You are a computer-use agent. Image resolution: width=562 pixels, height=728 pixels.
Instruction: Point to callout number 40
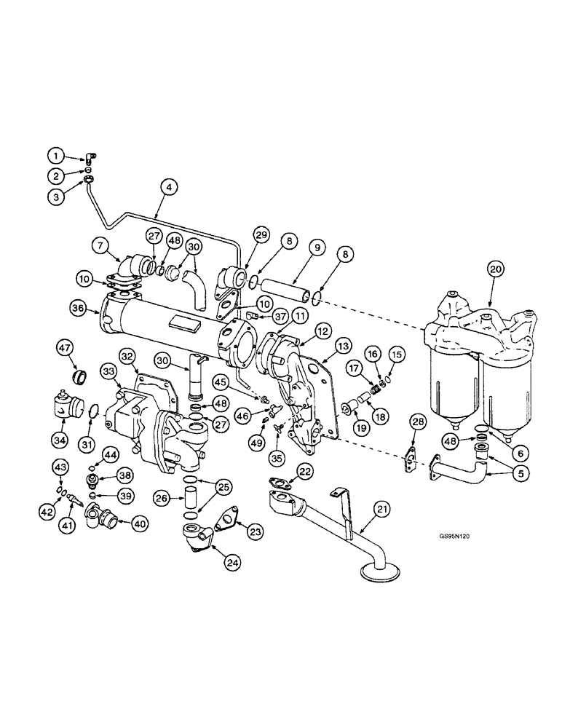pyautogui.click(x=139, y=522)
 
